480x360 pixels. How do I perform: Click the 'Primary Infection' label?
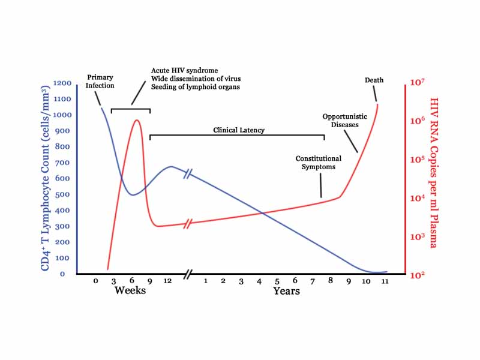click(x=100, y=82)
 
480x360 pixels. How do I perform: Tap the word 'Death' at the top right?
click(x=374, y=80)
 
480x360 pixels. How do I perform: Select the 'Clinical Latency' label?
click(x=239, y=130)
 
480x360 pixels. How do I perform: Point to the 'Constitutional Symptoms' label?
click(x=318, y=163)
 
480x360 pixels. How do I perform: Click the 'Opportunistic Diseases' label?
click(x=340, y=121)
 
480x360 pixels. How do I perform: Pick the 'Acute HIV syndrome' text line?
click(x=184, y=70)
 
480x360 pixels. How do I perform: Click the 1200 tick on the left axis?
click(x=62, y=83)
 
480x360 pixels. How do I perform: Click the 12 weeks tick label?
click(x=167, y=281)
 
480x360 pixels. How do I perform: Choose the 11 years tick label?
click(x=384, y=281)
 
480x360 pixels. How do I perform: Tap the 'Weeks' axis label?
click(x=130, y=291)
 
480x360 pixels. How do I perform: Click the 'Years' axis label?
click(x=286, y=292)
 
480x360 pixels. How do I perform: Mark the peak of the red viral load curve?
click(x=137, y=120)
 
